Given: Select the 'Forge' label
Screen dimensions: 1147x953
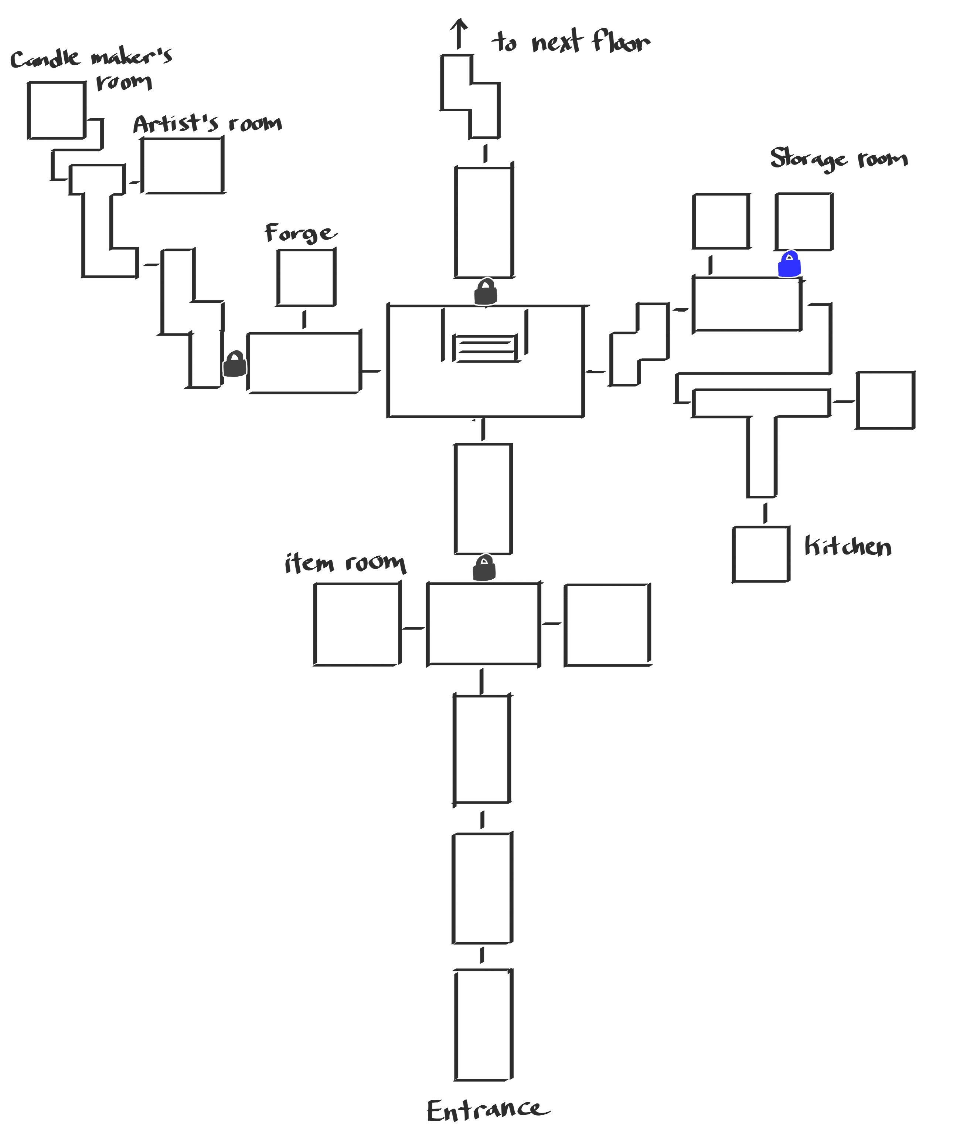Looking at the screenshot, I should click(300, 233).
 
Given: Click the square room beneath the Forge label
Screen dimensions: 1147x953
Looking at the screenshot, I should click(306, 278).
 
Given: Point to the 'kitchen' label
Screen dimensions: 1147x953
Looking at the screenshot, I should click(848, 546).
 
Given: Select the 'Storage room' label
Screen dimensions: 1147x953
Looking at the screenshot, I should click(839, 159).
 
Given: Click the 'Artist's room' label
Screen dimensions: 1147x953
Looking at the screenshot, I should click(208, 124).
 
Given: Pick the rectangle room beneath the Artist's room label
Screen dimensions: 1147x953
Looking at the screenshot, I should click(183, 166).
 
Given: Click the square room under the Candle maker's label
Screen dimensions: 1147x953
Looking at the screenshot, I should click(56, 110).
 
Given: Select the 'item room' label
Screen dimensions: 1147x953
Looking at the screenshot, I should click(345, 563).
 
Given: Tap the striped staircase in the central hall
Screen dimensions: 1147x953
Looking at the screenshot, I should click(485, 349).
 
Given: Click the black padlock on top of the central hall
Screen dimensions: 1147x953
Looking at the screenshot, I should click(486, 292).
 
